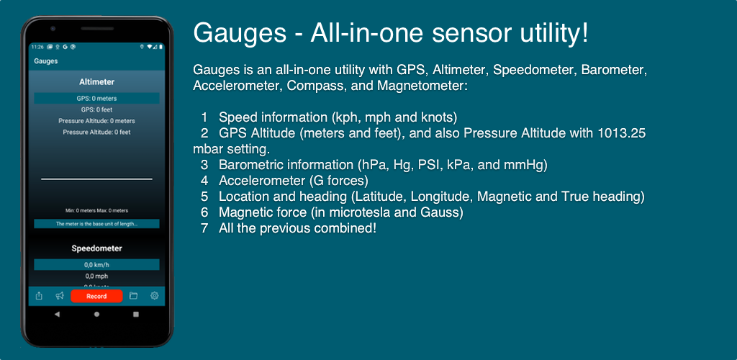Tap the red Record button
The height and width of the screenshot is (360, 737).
point(96,296)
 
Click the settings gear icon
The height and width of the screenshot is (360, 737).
point(154,296)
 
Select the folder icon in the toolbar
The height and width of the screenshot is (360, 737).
point(133,296)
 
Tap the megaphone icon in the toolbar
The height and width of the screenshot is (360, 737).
point(60,296)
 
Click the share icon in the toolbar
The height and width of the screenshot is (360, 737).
point(39,296)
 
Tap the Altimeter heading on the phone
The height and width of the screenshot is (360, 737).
point(97,82)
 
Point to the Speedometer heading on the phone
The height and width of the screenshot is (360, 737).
point(97,248)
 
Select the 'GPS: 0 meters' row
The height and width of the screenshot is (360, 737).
point(97,98)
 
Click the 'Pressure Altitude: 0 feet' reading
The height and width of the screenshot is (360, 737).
point(97,132)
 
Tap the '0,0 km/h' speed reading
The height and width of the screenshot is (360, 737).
point(97,264)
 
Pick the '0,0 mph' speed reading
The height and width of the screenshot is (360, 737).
point(97,276)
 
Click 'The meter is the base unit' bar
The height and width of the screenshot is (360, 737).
point(97,224)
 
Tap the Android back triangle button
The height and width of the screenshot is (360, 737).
point(58,314)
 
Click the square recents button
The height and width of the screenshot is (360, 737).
point(136,314)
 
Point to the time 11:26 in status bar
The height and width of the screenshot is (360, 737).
point(37,47)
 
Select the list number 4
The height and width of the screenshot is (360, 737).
point(204,181)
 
